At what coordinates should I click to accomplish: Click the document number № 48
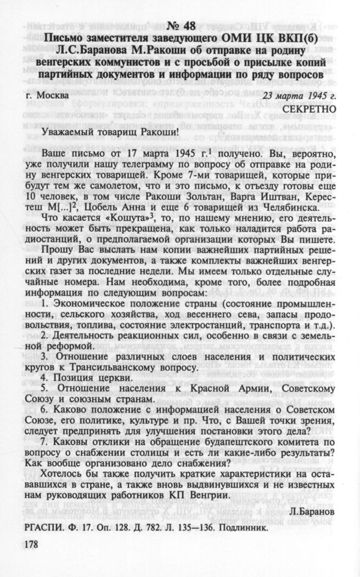point(180,26)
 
